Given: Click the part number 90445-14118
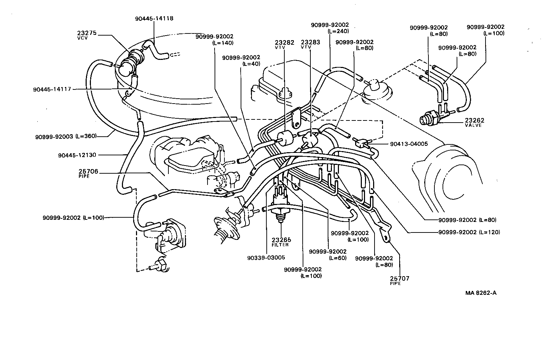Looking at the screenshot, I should [x=154, y=18].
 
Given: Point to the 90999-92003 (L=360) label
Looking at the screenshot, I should [x=66, y=136].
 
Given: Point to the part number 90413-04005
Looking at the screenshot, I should [x=409, y=144].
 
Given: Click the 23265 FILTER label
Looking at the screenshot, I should [x=280, y=242].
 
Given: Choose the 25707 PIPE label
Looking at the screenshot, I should [x=400, y=280].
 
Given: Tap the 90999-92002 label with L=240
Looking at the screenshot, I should [x=330, y=27].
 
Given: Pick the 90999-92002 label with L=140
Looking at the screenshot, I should [x=215, y=39].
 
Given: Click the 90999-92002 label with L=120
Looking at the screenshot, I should [x=469, y=232].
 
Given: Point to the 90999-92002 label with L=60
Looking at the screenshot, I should [x=328, y=254].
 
